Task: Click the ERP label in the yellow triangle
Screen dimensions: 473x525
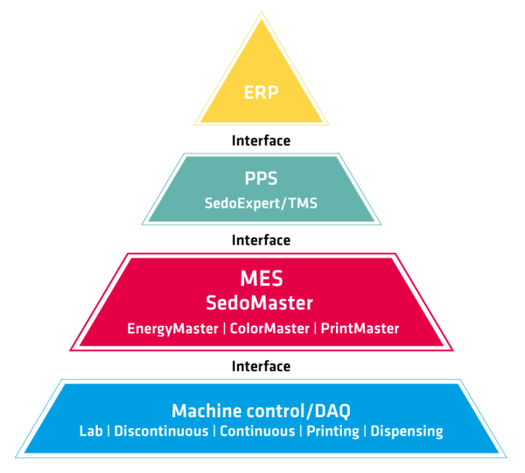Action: [x=262, y=92]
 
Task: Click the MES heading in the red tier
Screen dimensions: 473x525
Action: [x=262, y=279]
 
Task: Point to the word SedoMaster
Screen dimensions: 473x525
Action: [x=262, y=303]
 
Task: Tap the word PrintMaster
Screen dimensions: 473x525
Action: [x=360, y=328]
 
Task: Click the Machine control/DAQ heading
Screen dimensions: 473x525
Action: [x=262, y=411]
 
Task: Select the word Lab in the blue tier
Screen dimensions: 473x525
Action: [x=91, y=431]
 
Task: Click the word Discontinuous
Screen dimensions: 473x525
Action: [x=161, y=431]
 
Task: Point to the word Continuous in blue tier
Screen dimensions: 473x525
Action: [x=257, y=431]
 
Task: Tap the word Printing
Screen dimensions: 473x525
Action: [x=332, y=431]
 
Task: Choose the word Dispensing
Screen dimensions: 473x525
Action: [x=407, y=431]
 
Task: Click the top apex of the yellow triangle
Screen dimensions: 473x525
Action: [x=262, y=11]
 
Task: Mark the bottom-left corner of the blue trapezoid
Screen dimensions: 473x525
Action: [x=17, y=456]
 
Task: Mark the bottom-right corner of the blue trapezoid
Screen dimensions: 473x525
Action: [x=507, y=456]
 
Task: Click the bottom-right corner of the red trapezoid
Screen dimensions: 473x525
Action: [x=453, y=350]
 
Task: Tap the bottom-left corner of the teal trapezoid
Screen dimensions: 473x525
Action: [x=142, y=224]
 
